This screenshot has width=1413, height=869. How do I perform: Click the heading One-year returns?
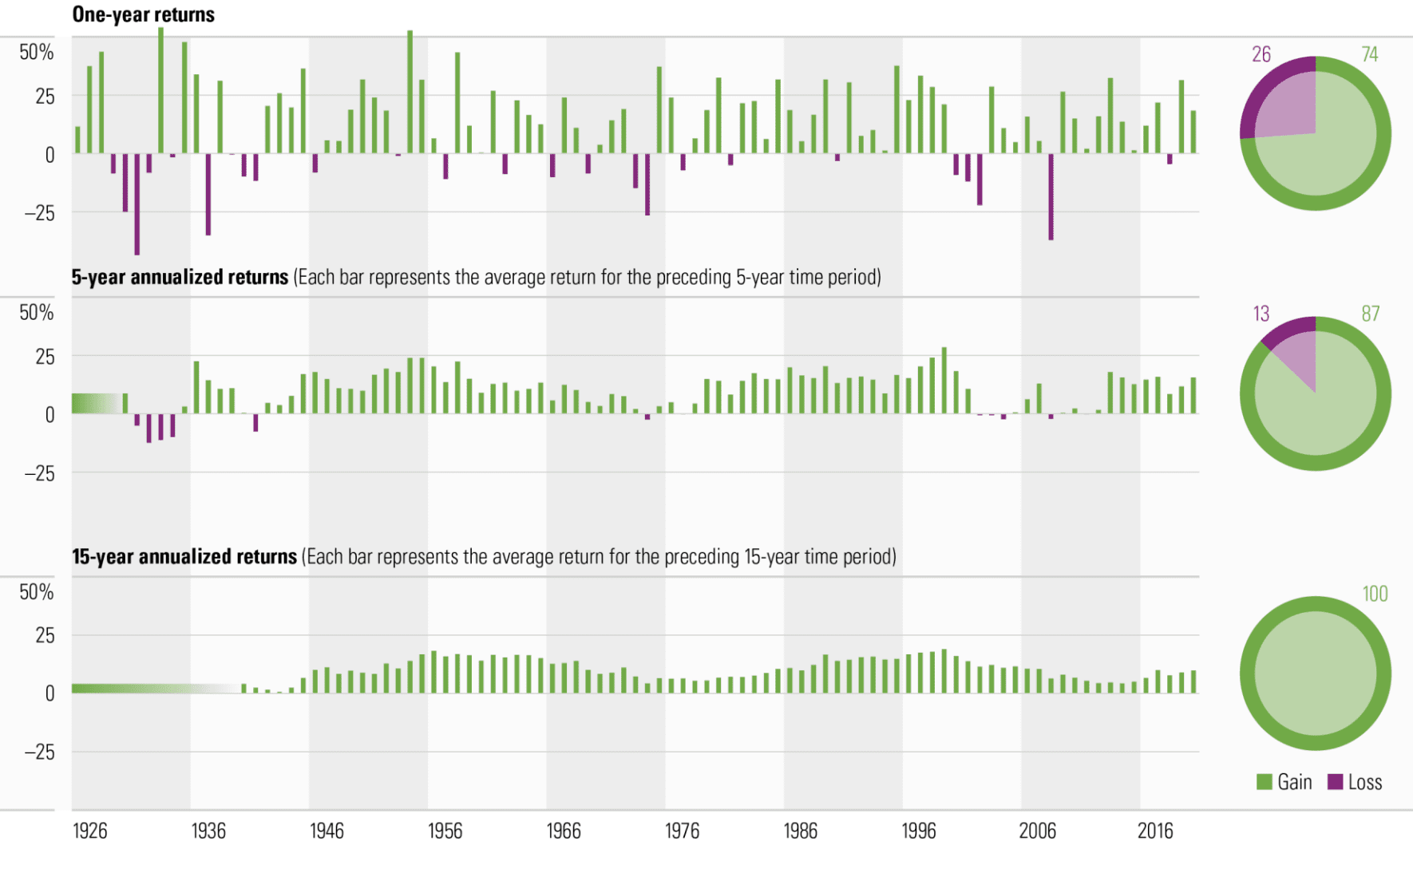pyautogui.click(x=143, y=14)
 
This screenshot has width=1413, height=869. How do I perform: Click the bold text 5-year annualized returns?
pyautogui.click(x=180, y=277)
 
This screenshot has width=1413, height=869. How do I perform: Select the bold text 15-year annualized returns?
pyautogui.click(x=184, y=556)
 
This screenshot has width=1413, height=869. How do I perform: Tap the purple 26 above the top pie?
pyautogui.click(x=1261, y=54)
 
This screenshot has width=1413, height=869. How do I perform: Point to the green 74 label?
pyautogui.click(x=1370, y=54)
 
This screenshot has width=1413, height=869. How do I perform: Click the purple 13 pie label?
pyautogui.click(x=1261, y=314)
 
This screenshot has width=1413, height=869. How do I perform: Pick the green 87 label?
pyautogui.click(x=1371, y=314)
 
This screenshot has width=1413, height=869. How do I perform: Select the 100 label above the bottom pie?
pyautogui.click(x=1375, y=594)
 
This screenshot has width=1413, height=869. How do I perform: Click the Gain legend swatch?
pyautogui.click(x=1265, y=782)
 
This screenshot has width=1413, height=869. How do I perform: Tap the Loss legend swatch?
pyautogui.click(x=1335, y=782)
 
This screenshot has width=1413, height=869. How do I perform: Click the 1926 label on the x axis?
pyautogui.click(x=89, y=831)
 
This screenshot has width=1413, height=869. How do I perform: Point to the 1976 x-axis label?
pyautogui.click(x=682, y=831)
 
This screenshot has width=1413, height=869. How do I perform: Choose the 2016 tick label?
pyautogui.click(x=1155, y=831)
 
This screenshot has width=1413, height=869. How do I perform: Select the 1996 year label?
pyautogui.click(x=919, y=831)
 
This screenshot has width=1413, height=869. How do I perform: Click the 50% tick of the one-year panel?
pyautogui.click(x=37, y=53)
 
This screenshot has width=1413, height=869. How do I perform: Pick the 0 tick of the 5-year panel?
pyautogui.click(x=49, y=414)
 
